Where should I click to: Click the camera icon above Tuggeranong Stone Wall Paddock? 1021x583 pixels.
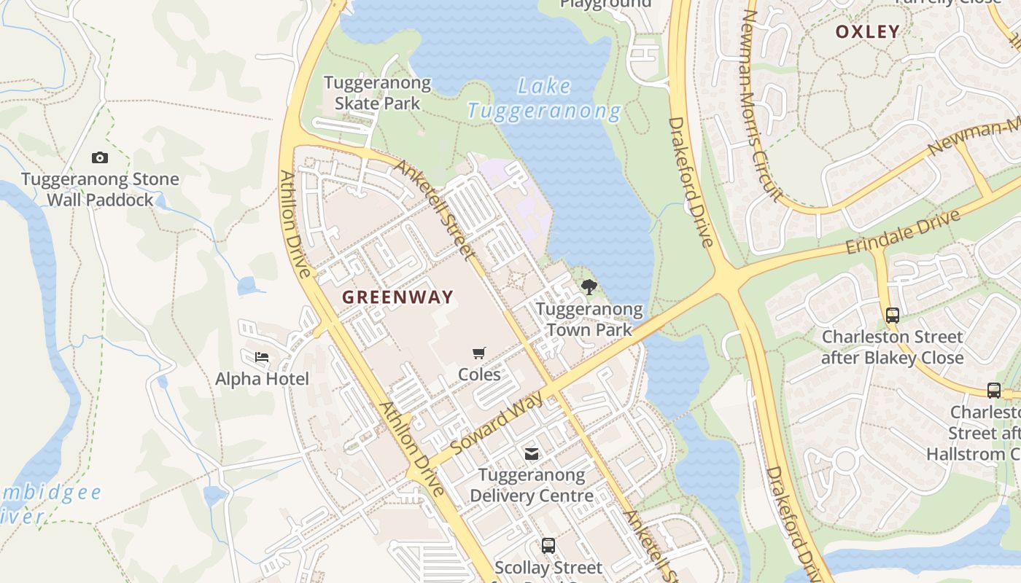tap(100, 157)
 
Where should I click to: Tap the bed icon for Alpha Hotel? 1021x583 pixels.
tap(262, 357)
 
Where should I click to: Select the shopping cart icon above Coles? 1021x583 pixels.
tap(479, 353)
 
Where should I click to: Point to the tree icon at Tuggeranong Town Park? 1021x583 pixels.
tap(589, 287)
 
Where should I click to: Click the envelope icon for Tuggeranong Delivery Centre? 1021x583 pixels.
tap(532, 454)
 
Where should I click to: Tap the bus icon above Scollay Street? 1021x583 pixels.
tap(548, 545)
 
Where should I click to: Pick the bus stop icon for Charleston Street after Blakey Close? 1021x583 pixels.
tap(892, 316)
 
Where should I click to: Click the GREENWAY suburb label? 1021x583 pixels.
tap(397, 297)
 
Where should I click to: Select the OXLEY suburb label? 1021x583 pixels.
tap(867, 31)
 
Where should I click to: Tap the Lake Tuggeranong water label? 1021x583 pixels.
tap(544, 99)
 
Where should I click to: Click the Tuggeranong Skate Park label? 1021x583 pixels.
tap(377, 93)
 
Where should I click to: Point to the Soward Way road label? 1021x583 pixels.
tap(497, 423)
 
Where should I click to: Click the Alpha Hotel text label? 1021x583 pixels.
tap(262, 379)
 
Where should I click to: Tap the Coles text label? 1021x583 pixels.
tap(479, 375)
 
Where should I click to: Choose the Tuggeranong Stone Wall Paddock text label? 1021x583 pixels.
tap(100, 189)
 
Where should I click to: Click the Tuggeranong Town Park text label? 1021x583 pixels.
tap(589, 319)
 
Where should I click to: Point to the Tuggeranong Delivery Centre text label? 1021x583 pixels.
tap(532, 485)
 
